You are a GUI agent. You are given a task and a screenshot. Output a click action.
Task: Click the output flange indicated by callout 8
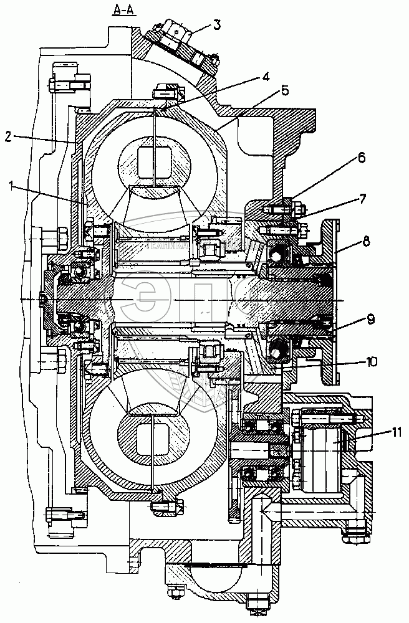[329, 249]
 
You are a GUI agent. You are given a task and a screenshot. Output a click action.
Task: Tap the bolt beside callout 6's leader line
[274, 209]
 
